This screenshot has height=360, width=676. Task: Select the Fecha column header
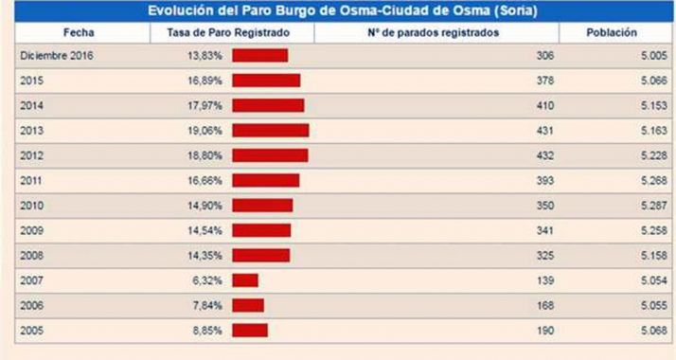pyautogui.click(x=79, y=32)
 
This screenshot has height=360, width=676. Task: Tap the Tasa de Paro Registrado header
pyautogui.click(x=232, y=32)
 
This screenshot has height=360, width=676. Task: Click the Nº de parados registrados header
pyautogui.click(x=436, y=32)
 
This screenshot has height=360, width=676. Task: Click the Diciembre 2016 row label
pyautogui.click(x=57, y=56)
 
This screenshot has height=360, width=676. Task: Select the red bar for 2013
pyautogui.click(x=270, y=131)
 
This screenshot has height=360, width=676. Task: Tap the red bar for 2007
pyautogui.click(x=245, y=280)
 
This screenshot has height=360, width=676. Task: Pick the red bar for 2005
pyautogui.click(x=250, y=330)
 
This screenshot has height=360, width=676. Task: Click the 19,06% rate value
pyautogui.click(x=205, y=131)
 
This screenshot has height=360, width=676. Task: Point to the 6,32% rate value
pyautogui.click(x=208, y=280)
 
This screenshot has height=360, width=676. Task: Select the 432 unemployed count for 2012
pyautogui.click(x=544, y=155)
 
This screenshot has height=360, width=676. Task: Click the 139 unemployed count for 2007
pyautogui.click(x=544, y=280)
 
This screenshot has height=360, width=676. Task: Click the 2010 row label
pyautogui.click(x=31, y=206)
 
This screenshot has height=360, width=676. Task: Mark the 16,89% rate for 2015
pyautogui.click(x=205, y=81)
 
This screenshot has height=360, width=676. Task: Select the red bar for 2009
pyautogui.click(x=261, y=230)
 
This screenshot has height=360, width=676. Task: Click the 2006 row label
pyautogui.click(x=31, y=305)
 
